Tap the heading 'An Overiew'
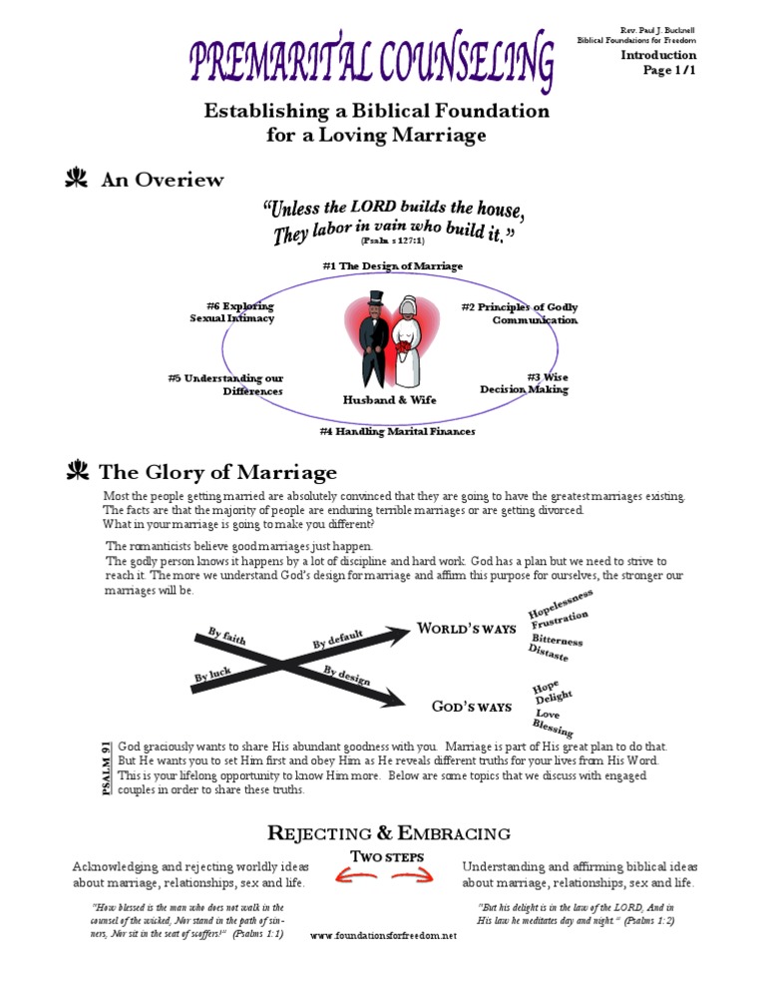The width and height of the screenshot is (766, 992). coord(163,181)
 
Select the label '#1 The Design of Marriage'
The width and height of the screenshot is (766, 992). coord(392,266)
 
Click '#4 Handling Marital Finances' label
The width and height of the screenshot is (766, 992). coord(397,431)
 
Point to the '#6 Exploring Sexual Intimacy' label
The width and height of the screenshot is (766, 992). coord(232,312)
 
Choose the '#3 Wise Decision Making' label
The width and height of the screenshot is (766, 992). coord(525,383)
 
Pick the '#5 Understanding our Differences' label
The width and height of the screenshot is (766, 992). coord(226,384)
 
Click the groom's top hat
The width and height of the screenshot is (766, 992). coord(376,298)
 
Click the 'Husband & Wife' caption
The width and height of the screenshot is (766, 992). coord(389,399)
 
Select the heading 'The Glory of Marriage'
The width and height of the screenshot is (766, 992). coord(219,472)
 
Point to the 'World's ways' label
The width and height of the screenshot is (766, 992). coord(467,629)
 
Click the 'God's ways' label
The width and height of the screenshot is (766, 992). coord(472,707)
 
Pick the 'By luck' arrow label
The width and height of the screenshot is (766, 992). coord(212,676)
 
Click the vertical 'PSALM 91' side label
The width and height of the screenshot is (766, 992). coord(107,768)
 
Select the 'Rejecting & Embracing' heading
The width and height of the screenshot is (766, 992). coord(390,833)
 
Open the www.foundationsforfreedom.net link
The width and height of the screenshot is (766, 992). coord(384,935)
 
